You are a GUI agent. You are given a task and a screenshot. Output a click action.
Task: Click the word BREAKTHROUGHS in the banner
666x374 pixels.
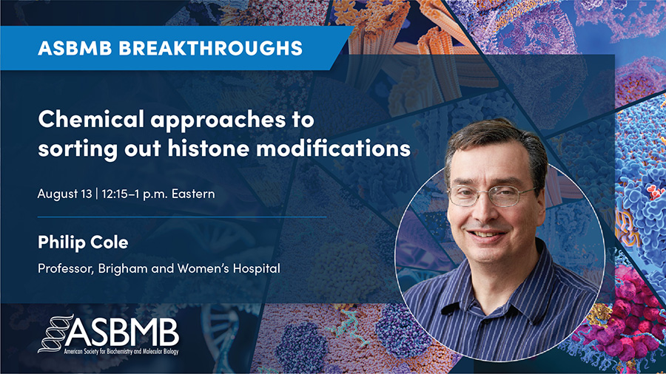(211, 48)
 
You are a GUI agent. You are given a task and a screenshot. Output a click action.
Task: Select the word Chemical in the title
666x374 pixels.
(91, 119)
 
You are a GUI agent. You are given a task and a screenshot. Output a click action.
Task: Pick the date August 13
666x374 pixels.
(64, 194)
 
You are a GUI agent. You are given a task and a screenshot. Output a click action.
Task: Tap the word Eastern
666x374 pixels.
(193, 194)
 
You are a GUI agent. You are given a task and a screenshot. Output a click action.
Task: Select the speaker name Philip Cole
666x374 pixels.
(83, 242)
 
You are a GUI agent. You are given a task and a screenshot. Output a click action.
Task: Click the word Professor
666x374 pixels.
(66, 268)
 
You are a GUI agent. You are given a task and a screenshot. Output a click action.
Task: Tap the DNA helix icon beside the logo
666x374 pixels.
(54, 333)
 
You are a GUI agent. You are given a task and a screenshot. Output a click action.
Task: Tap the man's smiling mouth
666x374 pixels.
(487, 234)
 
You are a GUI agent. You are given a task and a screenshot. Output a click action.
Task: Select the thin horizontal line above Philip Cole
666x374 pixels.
(182, 217)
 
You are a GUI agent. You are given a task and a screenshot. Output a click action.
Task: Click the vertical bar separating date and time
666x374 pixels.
(97, 194)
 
